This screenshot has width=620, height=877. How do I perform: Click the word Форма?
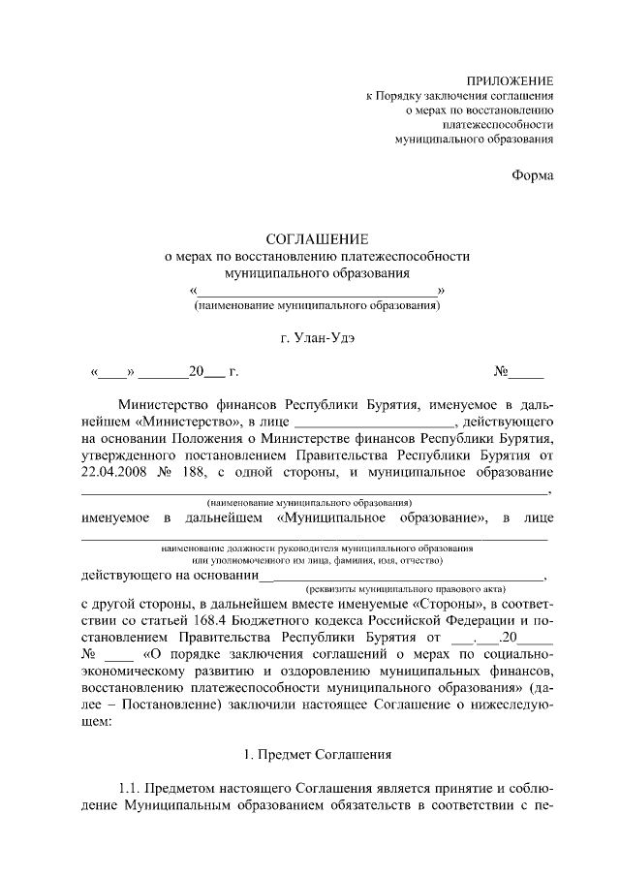point(533,175)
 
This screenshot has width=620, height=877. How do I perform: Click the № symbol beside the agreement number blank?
point(502,372)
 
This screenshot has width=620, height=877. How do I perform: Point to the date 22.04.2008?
point(115,473)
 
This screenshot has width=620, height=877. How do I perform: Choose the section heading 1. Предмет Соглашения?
point(318,753)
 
